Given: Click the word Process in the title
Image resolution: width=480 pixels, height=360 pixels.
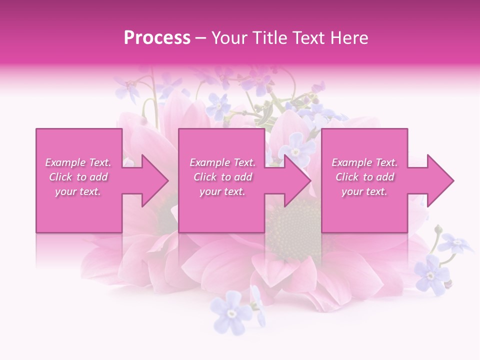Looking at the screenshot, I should [157, 38].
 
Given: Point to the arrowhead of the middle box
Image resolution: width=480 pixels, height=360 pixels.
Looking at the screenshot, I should [296, 180].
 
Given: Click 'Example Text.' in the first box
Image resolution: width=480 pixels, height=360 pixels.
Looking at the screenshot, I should [78, 162].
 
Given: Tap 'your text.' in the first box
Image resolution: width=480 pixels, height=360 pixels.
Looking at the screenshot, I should [78, 191].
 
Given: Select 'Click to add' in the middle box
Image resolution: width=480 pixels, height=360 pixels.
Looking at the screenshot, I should [222, 177].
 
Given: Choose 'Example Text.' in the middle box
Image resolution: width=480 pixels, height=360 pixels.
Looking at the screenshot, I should [222, 162].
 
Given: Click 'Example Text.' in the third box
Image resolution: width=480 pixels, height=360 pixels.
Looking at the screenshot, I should [364, 162].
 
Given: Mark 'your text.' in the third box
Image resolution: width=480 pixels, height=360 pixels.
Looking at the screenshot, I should [364, 191].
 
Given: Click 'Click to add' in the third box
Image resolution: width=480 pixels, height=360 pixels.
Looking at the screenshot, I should [364, 177].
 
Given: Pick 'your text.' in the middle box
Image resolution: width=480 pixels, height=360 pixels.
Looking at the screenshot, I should [222, 191].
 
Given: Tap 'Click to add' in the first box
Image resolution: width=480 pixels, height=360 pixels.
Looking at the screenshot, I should [78, 177].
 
